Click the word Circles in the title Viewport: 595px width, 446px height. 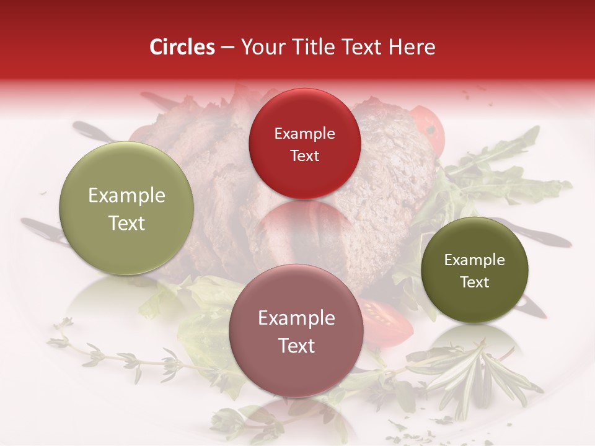(182, 47)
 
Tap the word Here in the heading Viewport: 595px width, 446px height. (412, 47)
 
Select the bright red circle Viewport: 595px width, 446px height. (304, 144)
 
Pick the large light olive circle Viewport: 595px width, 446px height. (126, 209)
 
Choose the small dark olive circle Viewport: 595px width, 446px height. (474, 270)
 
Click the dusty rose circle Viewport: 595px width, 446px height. (296, 331)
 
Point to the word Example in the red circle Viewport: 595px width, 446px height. (304, 133)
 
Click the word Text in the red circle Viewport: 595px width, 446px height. (304, 155)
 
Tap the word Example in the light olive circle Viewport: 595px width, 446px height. (126, 196)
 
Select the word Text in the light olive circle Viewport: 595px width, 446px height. (126, 223)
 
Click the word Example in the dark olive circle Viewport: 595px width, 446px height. (474, 260)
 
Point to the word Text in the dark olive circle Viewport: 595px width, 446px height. (474, 282)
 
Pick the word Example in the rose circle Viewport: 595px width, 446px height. (296, 318)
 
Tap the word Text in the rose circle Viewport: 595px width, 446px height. (296, 346)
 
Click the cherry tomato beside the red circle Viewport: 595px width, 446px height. (429, 130)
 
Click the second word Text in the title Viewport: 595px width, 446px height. (359, 47)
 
